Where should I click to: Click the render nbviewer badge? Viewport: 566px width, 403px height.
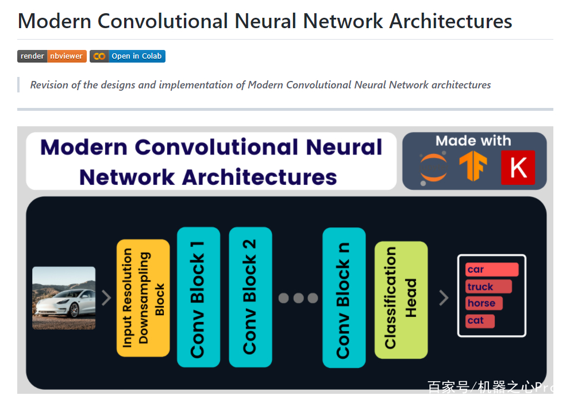click(52, 56)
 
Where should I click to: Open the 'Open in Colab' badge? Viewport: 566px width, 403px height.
click(128, 56)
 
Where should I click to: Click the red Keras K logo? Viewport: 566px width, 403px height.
click(518, 168)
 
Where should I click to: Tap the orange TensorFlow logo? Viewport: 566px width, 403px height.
click(473, 166)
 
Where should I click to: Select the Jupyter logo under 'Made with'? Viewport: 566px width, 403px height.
click(433, 168)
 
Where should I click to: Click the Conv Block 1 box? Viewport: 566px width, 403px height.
click(199, 297)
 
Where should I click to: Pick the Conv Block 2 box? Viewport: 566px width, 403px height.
click(251, 297)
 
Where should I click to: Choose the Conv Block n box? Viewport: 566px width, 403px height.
click(344, 297)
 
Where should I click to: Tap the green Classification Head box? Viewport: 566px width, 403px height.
click(401, 300)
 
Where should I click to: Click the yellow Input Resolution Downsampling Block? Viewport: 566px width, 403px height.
click(143, 298)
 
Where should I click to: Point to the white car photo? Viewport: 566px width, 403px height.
click(64, 298)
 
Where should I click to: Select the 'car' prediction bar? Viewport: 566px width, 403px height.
click(492, 269)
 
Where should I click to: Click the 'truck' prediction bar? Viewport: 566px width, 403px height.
click(489, 286)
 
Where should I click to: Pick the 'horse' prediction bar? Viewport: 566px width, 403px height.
click(484, 303)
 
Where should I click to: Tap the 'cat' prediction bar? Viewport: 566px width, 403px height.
click(480, 320)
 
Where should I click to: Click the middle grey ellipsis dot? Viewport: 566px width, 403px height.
click(299, 298)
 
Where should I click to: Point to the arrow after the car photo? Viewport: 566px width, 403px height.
click(106, 298)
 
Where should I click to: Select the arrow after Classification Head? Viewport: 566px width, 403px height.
click(444, 298)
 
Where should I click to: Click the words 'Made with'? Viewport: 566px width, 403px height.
click(473, 141)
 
